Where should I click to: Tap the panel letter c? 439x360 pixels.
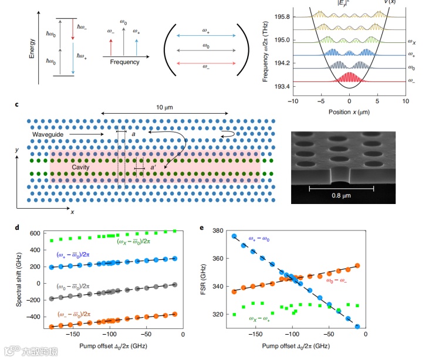pos(16,105)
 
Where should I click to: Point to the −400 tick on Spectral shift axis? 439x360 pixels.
pos(38,317)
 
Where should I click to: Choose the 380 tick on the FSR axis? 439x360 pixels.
pos(219,230)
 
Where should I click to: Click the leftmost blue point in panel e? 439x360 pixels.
pos(234,236)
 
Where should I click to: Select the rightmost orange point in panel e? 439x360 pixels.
pos(357,266)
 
